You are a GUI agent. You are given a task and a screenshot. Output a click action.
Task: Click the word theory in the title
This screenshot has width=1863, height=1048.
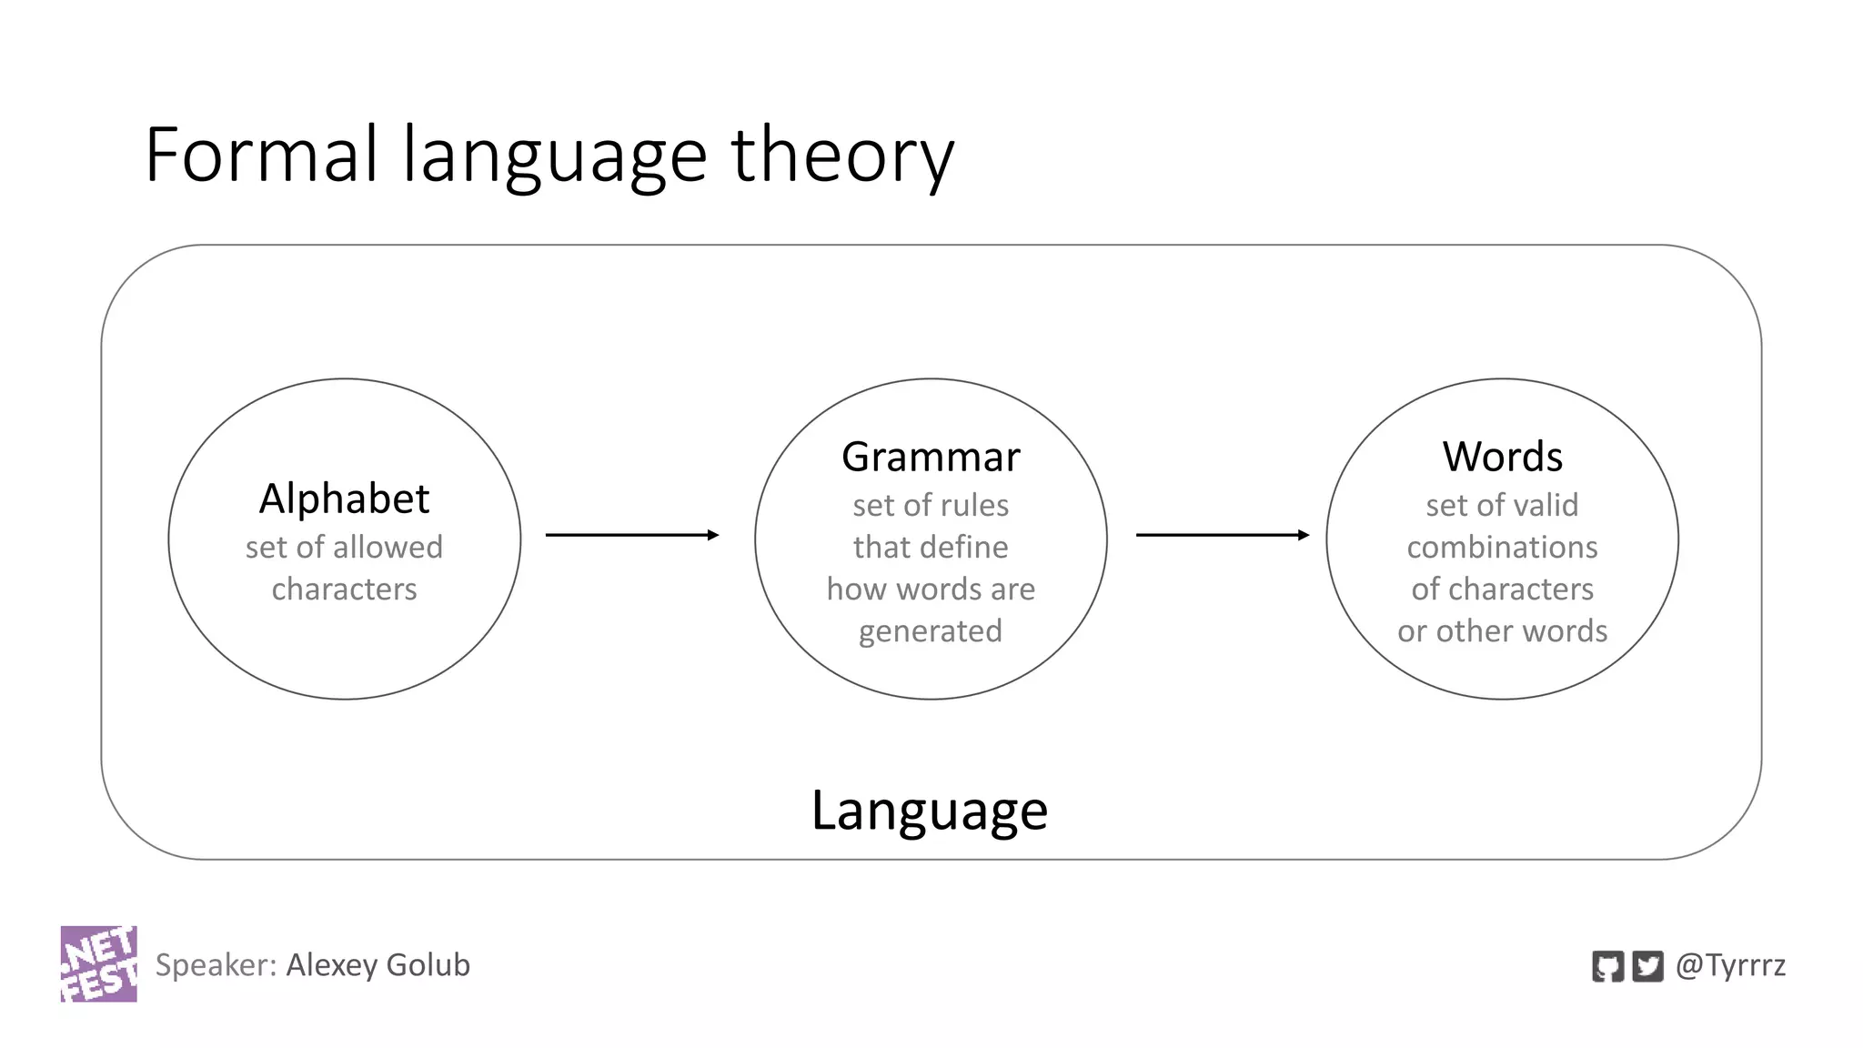pyautogui.click(x=841, y=156)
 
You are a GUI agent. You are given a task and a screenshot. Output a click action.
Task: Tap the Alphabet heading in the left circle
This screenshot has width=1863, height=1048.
pyautogui.click(x=344, y=499)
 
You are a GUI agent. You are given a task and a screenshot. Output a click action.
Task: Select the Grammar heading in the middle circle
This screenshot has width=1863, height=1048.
pyautogui.click(x=931, y=457)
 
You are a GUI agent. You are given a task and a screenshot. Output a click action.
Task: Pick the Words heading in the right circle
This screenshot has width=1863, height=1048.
pyautogui.click(x=1502, y=457)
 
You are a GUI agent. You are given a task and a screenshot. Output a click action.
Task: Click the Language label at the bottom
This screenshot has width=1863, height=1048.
pyautogui.click(x=929, y=810)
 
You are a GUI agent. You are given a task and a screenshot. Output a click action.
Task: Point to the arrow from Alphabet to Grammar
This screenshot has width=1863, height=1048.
pyautogui.click(x=632, y=535)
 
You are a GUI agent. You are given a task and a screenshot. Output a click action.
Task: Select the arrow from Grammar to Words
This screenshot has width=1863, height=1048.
pyautogui.click(x=1223, y=535)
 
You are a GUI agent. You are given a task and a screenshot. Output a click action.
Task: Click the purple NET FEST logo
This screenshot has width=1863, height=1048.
pyautogui.click(x=99, y=963)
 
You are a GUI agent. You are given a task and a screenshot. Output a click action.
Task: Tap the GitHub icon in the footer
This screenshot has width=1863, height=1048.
pyautogui.click(x=1607, y=966)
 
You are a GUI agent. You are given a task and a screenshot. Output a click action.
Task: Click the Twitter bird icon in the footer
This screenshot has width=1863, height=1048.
pyautogui.click(x=1647, y=966)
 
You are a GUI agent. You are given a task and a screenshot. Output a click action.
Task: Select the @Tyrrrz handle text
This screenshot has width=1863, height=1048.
pyautogui.click(x=1730, y=964)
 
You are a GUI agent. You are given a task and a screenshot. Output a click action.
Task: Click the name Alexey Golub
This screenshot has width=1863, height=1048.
pyautogui.click(x=378, y=964)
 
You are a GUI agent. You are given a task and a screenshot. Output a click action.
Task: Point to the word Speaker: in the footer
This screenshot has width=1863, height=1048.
pyautogui.click(x=216, y=964)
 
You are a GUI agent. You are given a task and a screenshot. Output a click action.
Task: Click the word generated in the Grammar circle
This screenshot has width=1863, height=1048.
pyautogui.click(x=931, y=631)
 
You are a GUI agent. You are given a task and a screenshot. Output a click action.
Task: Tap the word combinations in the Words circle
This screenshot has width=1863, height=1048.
pyautogui.click(x=1502, y=547)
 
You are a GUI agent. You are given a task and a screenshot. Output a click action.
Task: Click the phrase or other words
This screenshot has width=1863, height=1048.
pyautogui.click(x=1502, y=630)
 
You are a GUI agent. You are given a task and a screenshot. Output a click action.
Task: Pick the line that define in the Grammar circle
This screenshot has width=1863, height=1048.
pyautogui.click(x=931, y=547)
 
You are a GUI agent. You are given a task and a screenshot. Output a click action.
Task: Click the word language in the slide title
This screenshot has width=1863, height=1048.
pyautogui.click(x=555, y=156)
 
